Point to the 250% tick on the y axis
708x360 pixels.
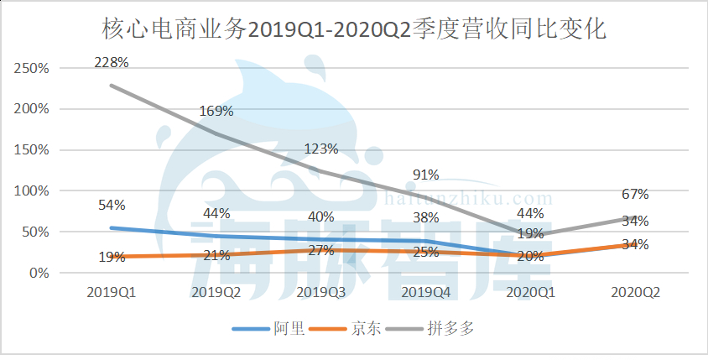(32, 68)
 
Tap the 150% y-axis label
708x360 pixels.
(32, 150)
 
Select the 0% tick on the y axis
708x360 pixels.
(39, 274)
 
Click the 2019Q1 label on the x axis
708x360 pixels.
(112, 292)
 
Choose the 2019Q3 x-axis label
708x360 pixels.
(321, 292)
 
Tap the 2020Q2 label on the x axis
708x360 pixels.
(635, 292)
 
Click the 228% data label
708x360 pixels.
(112, 62)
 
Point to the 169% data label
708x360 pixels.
(216, 111)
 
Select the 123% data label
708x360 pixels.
(321, 149)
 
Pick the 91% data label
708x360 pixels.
(426, 175)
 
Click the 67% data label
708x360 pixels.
(635, 195)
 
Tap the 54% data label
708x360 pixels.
(112, 206)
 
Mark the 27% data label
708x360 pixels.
(321, 250)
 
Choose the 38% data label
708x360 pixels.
(426, 217)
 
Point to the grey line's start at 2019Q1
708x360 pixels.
(112, 86)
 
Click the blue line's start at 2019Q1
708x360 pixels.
(112, 228)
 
